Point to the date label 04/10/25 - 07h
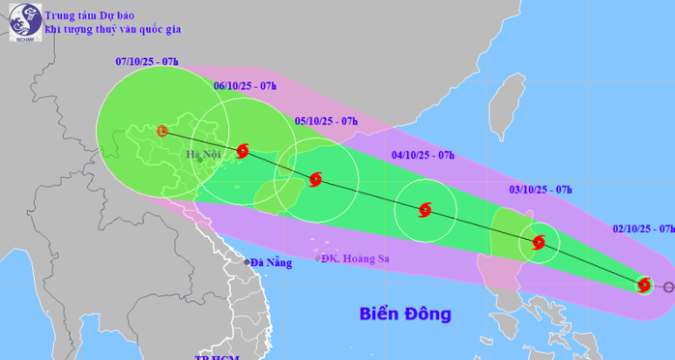click(424, 154)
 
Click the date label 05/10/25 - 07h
click(326, 121)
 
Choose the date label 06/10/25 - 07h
click(245, 87)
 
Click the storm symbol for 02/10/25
click(644, 285)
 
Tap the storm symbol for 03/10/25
click(539, 243)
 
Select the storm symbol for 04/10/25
click(425, 210)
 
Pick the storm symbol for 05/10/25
click(314, 179)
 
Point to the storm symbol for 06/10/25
click(243, 151)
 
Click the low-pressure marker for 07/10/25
click(162, 130)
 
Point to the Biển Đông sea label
click(405, 314)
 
